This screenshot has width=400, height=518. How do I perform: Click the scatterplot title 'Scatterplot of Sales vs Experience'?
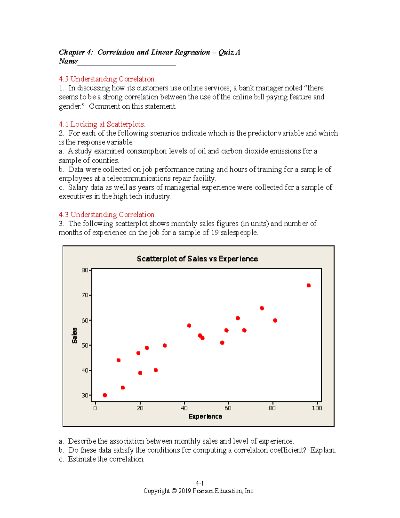point(197,259)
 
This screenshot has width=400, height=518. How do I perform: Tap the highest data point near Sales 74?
point(309,286)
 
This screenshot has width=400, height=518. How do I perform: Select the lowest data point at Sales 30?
point(105,395)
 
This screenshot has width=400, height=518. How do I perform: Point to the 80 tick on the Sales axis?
point(85,270)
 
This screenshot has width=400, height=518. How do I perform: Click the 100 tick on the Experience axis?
point(317,408)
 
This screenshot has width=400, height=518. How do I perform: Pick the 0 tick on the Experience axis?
point(95,408)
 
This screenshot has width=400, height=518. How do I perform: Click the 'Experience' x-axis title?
point(205,416)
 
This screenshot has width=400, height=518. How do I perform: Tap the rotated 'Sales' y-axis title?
point(74,336)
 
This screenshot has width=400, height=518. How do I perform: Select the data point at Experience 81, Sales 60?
point(275,321)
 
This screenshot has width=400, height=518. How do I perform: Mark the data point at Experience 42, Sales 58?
point(189,326)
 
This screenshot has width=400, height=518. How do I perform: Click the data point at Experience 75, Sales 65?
point(262,308)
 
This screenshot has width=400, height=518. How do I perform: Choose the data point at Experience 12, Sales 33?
point(123,388)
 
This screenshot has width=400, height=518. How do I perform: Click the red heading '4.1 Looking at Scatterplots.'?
point(102,124)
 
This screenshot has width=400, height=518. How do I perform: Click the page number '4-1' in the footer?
point(199,483)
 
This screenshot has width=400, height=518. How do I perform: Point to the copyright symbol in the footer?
point(174,491)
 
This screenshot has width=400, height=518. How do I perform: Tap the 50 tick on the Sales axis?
point(85,346)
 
